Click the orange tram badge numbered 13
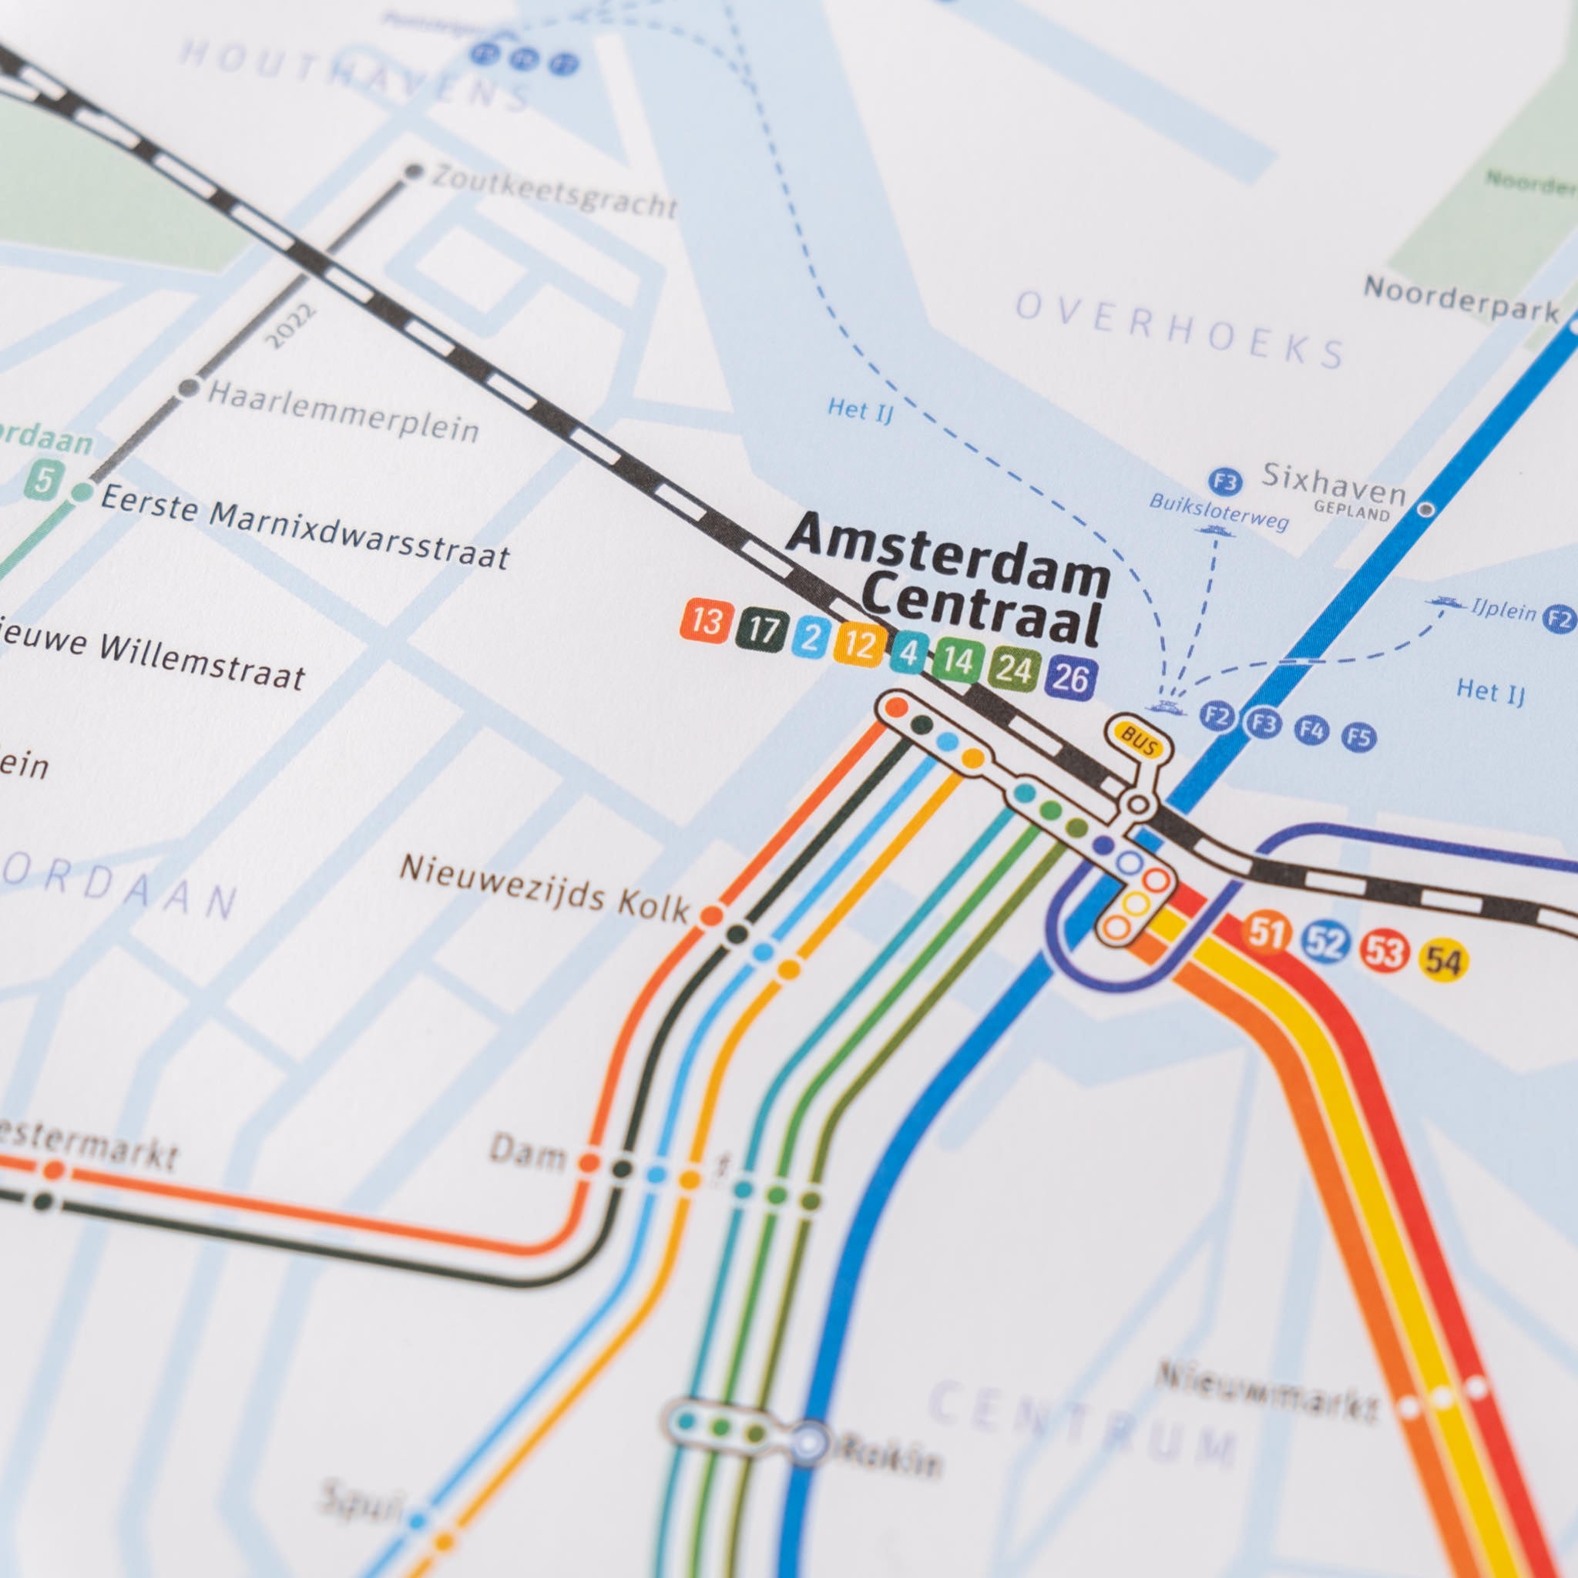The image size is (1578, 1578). (x=705, y=622)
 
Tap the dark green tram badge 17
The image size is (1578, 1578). (x=762, y=630)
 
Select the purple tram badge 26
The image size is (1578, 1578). (x=1071, y=677)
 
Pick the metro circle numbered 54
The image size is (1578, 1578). (x=1443, y=962)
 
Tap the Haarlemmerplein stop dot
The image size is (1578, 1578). (x=189, y=387)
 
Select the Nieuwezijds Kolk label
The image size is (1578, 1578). (x=544, y=889)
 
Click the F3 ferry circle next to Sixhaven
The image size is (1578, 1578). (x=1224, y=482)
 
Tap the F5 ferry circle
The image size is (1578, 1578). (x=1359, y=737)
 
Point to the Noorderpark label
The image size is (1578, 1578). (x=1460, y=300)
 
